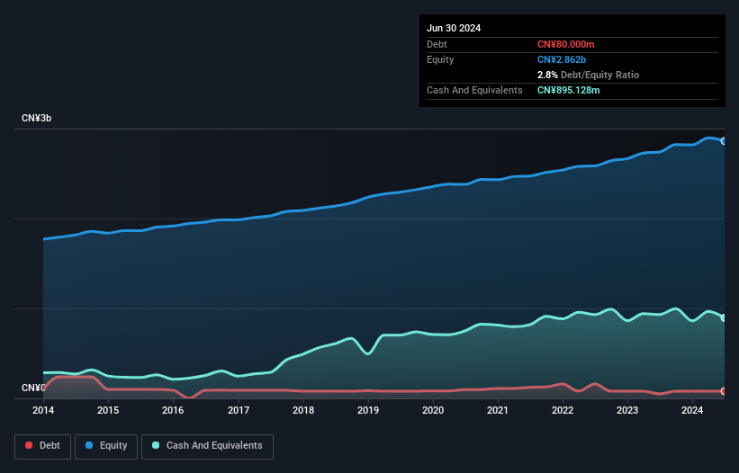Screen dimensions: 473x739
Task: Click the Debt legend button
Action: tap(41, 446)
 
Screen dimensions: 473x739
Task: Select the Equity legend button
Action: tap(106, 446)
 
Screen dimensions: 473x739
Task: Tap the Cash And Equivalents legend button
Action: tap(207, 446)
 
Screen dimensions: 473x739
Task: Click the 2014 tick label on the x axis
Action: tap(43, 410)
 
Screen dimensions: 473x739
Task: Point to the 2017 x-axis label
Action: tap(239, 410)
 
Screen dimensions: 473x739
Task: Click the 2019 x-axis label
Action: tap(368, 410)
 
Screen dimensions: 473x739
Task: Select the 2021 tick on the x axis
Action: tap(498, 410)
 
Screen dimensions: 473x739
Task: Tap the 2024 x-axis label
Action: tap(692, 410)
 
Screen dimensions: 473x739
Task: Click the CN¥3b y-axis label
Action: tap(37, 119)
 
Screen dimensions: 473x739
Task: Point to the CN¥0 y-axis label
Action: tap(33, 388)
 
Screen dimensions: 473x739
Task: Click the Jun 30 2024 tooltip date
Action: tap(454, 28)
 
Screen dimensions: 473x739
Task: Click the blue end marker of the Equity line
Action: tap(723, 141)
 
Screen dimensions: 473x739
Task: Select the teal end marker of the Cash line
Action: tap(723, 317)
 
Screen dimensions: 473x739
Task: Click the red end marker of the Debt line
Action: tap(723, 391)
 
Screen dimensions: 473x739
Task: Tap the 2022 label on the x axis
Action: tap(563, 410)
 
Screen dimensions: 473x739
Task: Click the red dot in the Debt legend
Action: tap(30, 446)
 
